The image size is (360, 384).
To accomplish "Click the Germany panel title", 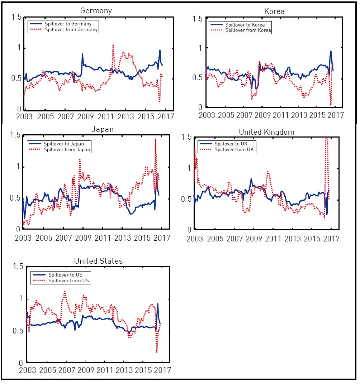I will click(96, 11).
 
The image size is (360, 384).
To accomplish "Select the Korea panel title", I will click(274, 11).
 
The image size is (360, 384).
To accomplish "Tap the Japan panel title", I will click(103, 129).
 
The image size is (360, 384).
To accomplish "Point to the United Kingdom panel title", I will click(266, 132).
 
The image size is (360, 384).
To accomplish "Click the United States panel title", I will click(98, 261).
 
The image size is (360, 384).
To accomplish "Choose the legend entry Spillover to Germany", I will click(68, 24).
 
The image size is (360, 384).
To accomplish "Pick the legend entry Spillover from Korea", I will click(248, 30).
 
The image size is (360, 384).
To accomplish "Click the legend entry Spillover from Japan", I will click(67, 149).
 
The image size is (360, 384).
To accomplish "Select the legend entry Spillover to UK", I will click(231, 144).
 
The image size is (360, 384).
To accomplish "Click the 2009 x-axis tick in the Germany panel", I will click(85, 117).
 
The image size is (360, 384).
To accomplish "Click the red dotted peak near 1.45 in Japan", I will click(156, 139).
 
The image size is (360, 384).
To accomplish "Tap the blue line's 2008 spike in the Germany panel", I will click(82, 54).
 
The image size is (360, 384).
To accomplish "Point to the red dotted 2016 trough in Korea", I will click(331, 105).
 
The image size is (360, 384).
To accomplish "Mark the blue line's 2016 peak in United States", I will click(157, 304).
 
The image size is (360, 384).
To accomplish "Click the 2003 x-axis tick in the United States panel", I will click(28, 370).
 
